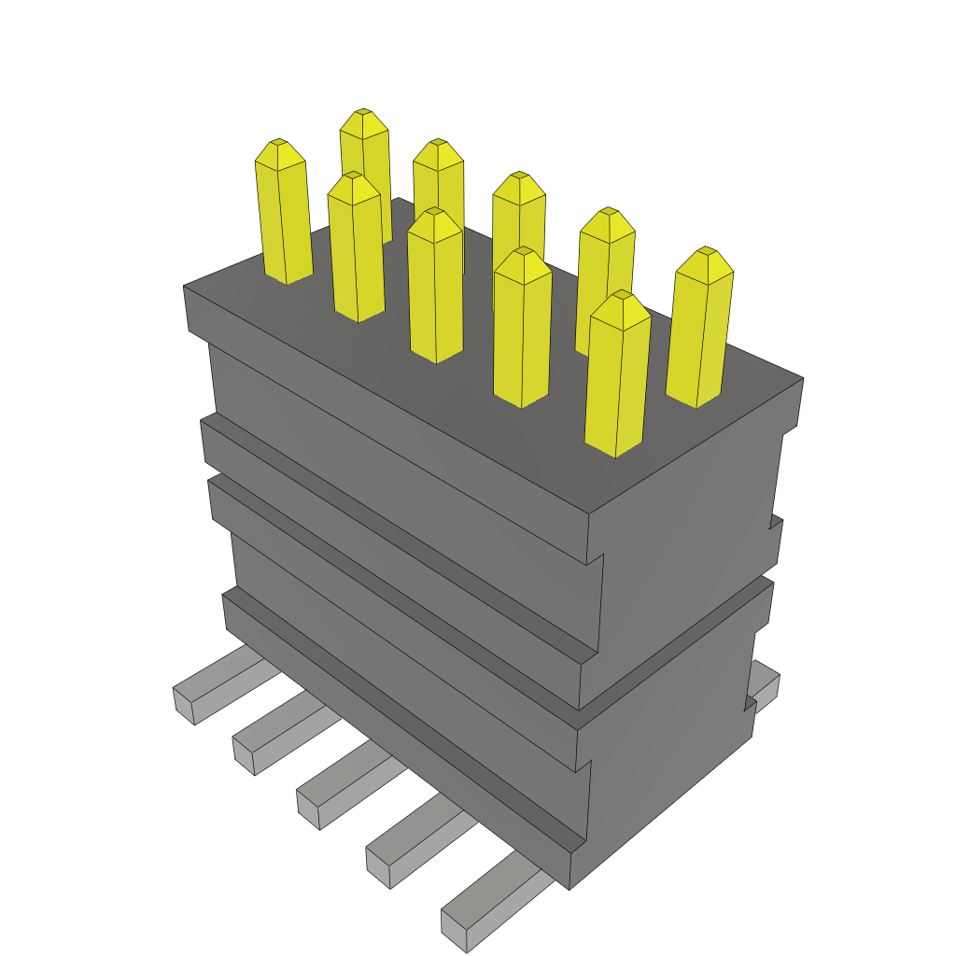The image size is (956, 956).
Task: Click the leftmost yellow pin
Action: (283, 215)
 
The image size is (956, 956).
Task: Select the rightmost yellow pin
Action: (700, 331)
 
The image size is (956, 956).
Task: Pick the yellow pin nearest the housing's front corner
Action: (616, 378)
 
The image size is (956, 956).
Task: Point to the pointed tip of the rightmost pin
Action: (708, 252)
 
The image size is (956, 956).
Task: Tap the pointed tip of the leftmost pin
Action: (278, 144)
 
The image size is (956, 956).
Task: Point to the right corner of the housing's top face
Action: (802, 379)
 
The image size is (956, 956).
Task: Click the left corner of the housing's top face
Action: (185, 287)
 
